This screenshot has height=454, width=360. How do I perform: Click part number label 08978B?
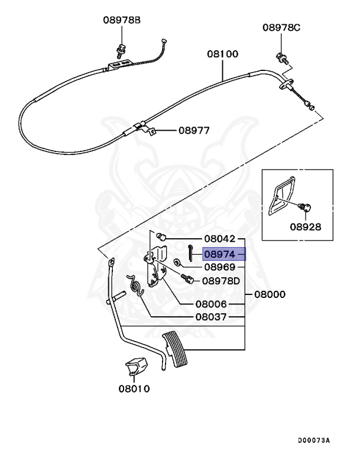[x=122, y=20]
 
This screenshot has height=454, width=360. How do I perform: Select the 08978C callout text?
[x=281, y=28]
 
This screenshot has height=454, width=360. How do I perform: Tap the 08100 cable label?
[x=222, y=54]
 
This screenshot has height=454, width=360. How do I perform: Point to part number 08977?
[x=194, y=130]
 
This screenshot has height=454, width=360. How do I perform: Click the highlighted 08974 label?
[x=219, y=254]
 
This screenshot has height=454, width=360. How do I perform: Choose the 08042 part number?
[x=219, y=239]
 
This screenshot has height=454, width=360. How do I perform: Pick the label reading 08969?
[x=219, y=267]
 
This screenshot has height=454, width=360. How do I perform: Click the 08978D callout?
[x=220, y=281]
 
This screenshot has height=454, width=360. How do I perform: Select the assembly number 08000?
[x=270, y=294]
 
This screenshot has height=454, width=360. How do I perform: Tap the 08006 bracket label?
[x=211, y=304]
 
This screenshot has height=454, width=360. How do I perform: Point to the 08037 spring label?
[x=211, y=317]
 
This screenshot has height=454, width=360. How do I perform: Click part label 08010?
[x=134, y=388]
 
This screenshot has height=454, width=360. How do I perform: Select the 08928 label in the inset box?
[x=306, y=227]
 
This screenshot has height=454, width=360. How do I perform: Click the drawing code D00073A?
[x=314, y=440]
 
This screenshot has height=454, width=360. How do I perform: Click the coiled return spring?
[x=135, y=286]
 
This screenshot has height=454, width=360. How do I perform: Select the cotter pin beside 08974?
[x=190, y=252]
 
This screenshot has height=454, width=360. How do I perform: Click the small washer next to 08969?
[x=177, y=262]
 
